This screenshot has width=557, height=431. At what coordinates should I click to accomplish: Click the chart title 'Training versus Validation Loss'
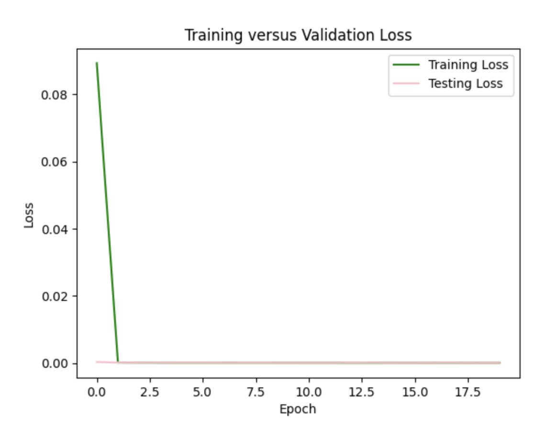[x=298, y=35]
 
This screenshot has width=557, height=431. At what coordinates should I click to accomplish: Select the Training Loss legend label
[x=468, y=64]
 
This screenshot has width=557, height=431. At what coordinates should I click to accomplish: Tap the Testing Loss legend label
[x=465, y=83]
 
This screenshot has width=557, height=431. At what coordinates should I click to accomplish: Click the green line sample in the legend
[x=406, y=65]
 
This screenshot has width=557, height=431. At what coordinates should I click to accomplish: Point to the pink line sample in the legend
[x=406, y=84]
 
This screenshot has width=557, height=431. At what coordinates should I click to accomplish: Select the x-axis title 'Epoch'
[x=298, y=409]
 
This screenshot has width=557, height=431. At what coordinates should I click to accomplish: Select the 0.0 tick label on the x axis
[x=97, y=392]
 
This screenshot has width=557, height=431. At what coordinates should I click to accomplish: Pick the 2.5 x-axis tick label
[x=150, y=392]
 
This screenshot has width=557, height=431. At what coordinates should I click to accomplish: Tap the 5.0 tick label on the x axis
[x=203, y=392]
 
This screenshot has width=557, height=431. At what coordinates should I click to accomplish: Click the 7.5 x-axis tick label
[x=256, y=392]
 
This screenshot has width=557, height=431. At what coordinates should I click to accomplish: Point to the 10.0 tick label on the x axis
[x=309, y=392]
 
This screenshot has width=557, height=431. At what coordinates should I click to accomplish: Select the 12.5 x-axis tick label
[x=362, y=392]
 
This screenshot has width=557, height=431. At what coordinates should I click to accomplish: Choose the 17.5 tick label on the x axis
[x=468, y=392]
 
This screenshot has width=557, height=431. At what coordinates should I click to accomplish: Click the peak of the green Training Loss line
[x=97, y=63]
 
